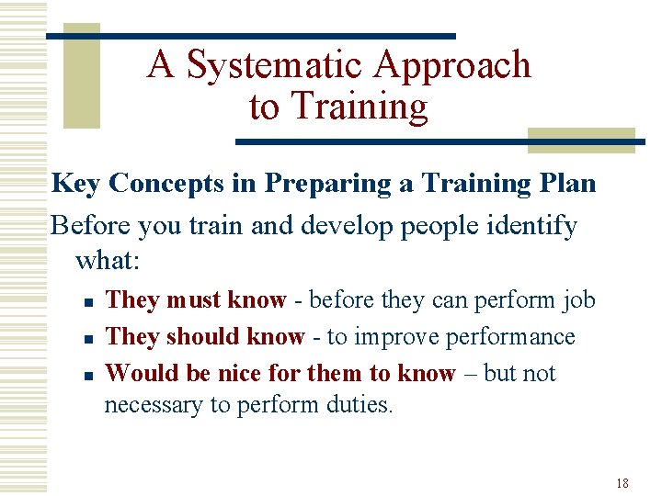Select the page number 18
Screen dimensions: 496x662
tap(622, 483)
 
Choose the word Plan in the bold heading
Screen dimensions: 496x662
tap(569, 184)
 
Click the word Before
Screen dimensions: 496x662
tap(90, 226)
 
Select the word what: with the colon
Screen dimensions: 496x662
tap(108, 260)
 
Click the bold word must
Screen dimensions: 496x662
tap(193, 300)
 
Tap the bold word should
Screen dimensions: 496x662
tap(205, 337)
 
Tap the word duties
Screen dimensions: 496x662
tap(360, 404)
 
